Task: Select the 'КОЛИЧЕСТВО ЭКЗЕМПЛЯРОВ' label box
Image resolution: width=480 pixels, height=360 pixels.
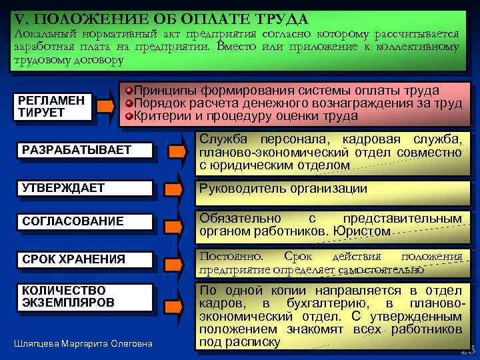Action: coord(80,297)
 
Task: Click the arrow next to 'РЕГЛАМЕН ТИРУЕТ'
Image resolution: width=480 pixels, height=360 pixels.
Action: coord(105,105)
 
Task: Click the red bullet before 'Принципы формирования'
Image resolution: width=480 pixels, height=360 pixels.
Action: coord(129,91)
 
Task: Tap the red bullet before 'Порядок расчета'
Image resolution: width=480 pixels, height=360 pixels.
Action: coord(129,103)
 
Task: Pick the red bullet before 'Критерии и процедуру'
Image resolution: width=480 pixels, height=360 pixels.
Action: coord(129,116)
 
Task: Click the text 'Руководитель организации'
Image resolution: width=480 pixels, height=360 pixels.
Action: coord(283,189)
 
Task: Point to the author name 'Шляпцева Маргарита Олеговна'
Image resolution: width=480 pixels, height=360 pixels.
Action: coord(83,344)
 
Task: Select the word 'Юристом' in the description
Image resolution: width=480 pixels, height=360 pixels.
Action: coord(366,231)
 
